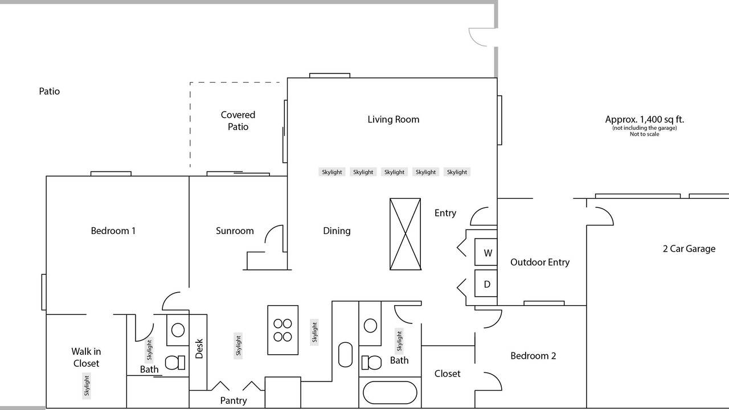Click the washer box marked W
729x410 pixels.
pyautogui.click(x=486, y=252)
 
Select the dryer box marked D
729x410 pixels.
pyautogui.click(x=486, y=284)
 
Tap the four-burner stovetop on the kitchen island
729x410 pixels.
pyautogui.click(x=282, y=330)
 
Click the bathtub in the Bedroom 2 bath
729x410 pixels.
pyautogui.click(x=390, y=393)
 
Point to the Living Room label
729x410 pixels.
pyautogui.click(x=394, y=120)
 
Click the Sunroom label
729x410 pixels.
pyautogui.click(x=235, y=231)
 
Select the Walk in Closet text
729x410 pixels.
pyautogui.click(x=86, y=357)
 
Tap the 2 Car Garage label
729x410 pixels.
pyautogui.click(x=689, y=249)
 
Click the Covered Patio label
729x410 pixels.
pyautogui.click(x=238, y=120)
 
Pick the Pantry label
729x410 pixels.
pyautogui.click(x=234, y=400)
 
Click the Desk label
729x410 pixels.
pyautogui.click(x=199, y=348)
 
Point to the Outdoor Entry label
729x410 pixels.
pyautogui.click(x=540, y=263)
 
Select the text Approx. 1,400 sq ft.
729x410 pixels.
pyautogui.click(x=644, y=120)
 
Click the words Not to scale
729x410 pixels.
pyautogui.click(x=644, y=134)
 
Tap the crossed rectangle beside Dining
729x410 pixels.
pyautogui.click(x=405, y=234)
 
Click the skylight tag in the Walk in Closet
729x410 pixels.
pyautogui.click(x=87, y=386)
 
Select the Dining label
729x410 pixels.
pyautogui.click(x=337, y=231)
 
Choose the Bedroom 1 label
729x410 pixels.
pyautogui.click(x=113, y=231)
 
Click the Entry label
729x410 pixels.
pyautogui.click(x=445, y=213)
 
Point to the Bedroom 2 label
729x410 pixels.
pyautogui.click(x=533, y=356)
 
